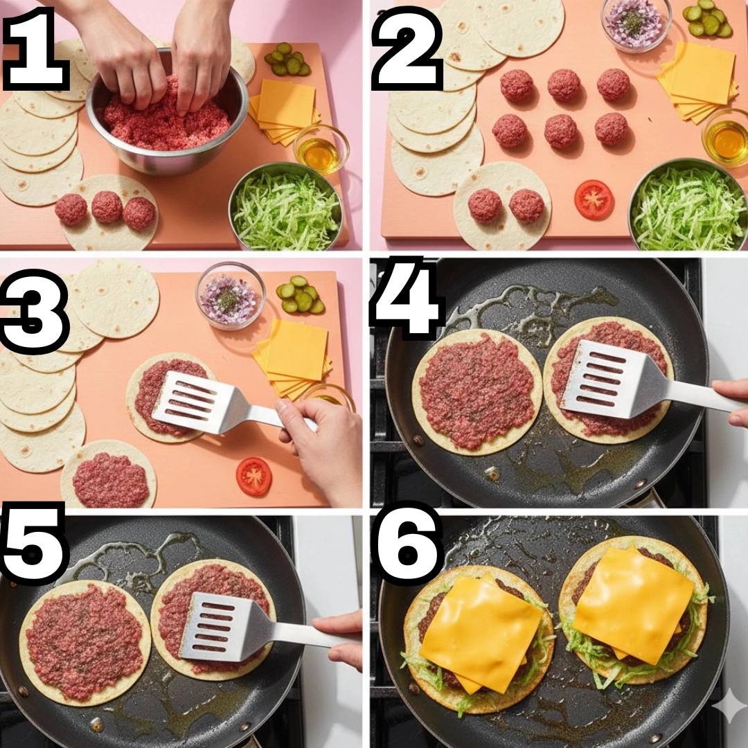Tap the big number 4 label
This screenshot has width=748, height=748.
pyautogui.click(x=407, y=297)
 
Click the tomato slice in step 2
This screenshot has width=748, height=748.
pyautogui.click(x=594, y=200)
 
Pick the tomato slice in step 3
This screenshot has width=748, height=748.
pyautogui.click(x=253, y=476)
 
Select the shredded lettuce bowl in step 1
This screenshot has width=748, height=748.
pyautogui.click(x=286, y=206)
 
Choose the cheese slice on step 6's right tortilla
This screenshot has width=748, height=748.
pyautogui.click(x=632, y=605)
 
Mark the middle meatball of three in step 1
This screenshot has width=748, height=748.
pyautogui.click(x=107, y=206)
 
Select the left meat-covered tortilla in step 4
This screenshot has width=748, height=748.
pyautogui.click(x=477, y=391)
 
